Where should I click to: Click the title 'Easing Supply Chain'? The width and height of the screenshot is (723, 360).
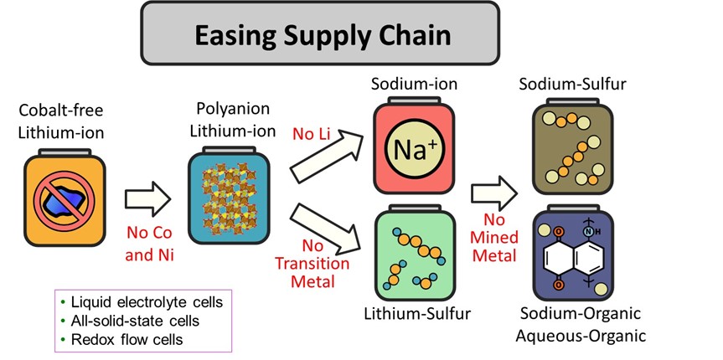[323, 36]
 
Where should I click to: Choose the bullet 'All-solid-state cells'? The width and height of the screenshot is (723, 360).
[133, 320]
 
